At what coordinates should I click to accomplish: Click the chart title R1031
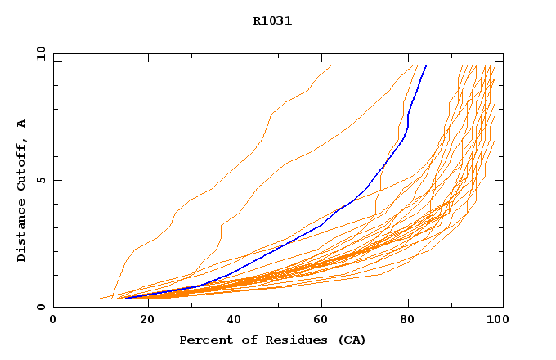(272, 20)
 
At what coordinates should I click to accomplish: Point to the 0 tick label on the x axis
(53, 320)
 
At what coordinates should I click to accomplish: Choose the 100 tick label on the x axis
(495, 320)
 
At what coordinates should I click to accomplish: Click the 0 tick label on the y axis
(40, 308)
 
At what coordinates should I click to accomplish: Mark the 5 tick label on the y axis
(40, 180)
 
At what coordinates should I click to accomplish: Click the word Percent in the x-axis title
(204, 340)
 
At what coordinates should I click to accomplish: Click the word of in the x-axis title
(243, 340)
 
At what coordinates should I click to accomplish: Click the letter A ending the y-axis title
(22, 124)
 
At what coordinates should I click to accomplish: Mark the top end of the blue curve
(425, 66)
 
